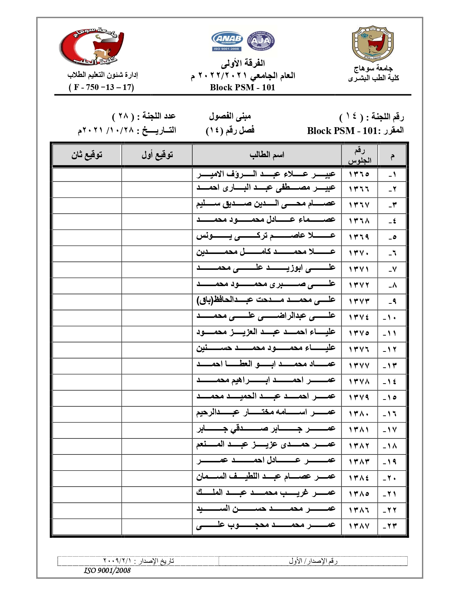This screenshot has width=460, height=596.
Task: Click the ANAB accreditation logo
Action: tap(227, 41)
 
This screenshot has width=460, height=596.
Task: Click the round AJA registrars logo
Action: tap(260, 41)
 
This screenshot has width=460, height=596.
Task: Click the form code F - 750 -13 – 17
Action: tap(101, 87)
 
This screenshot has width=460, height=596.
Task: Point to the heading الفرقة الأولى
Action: tap(243, 64)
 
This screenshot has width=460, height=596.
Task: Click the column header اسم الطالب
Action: tap(267, 155)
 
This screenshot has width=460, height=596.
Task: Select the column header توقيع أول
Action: tap(157, 155)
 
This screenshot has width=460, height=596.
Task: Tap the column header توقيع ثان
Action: tap(87, 155)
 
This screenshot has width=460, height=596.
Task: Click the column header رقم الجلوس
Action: tap(359, 155)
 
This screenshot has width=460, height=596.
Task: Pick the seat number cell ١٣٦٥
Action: tap(359, 174)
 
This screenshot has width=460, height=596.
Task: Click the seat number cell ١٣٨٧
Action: tap(359, 526)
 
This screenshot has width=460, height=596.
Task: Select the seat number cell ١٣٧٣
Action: tap(359, 301)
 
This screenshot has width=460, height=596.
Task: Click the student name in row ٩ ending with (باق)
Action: tap(266, 300)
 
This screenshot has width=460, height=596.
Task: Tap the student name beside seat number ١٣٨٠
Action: tap(266, 413)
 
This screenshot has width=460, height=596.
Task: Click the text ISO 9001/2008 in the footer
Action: tap(107, 570)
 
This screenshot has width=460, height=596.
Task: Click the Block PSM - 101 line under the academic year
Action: tap(242, 87)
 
